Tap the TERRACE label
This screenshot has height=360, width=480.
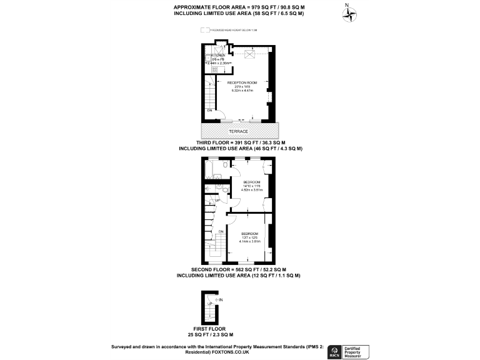[239, 131]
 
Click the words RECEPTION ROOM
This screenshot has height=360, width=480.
[242, 82]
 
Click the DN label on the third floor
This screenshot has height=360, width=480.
[210, 111]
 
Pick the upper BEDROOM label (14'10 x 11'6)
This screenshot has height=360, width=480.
[252, 182]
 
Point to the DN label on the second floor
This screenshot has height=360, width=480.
[221, 232]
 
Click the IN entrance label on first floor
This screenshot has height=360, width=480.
[221, 300]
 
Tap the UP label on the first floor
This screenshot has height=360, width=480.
[209, 304]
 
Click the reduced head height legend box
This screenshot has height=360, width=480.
[204, 30]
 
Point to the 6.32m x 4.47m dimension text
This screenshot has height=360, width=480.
[242, 91]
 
